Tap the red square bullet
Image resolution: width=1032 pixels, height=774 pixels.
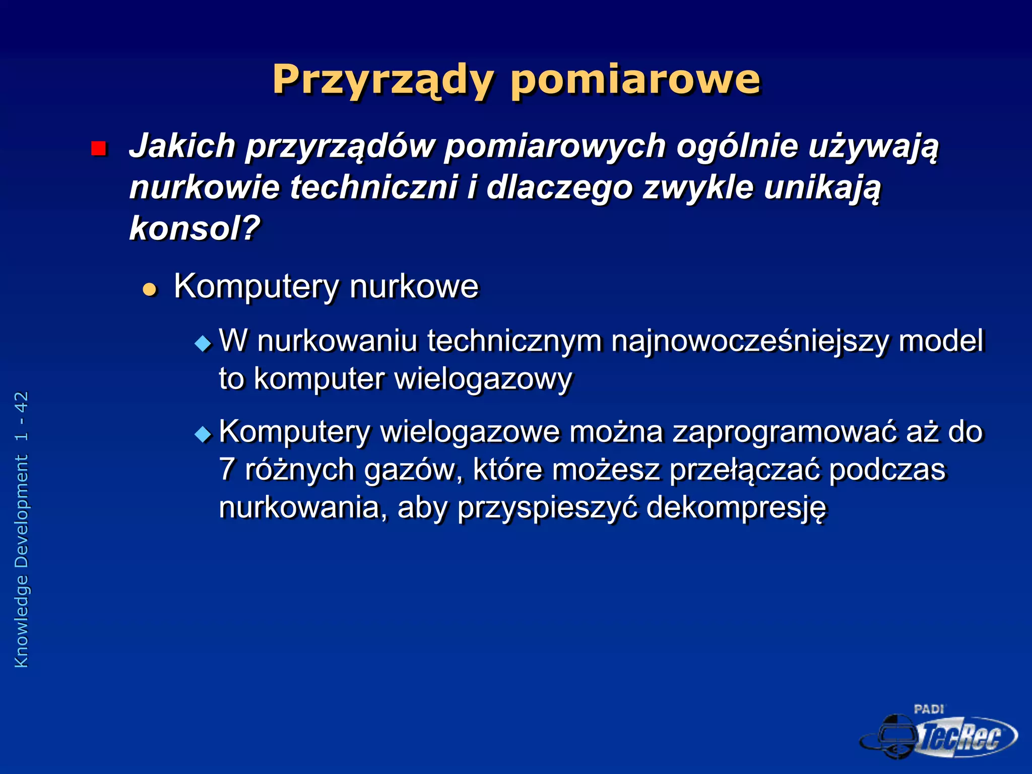99,149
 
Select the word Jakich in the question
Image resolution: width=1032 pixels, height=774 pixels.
182,147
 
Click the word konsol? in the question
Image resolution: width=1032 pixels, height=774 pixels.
195,229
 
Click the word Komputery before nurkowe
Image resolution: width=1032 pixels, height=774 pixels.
256,286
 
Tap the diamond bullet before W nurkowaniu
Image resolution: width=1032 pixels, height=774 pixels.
203,344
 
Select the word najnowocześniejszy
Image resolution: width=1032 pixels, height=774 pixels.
750,341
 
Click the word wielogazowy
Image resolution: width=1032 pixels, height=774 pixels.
483,379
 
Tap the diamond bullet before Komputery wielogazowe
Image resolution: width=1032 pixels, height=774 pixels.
203,434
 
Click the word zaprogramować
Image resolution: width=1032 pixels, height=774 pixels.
784,432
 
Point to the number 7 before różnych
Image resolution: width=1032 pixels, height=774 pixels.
227,470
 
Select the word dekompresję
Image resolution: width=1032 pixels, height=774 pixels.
736,507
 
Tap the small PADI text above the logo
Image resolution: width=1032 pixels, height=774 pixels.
929,709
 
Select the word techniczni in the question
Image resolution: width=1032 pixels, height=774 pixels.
373,187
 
